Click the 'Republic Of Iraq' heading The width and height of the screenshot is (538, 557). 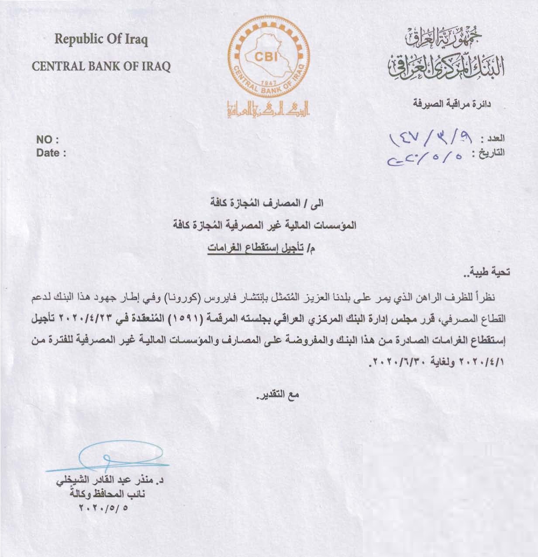(101, 40)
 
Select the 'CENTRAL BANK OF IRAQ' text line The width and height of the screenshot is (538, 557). (102, 67)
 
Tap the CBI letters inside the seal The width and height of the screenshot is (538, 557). (263, 56)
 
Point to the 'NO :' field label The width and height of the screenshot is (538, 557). (48, 141)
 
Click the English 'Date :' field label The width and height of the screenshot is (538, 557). (51, 153)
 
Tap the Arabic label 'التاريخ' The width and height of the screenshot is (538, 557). (490, 153)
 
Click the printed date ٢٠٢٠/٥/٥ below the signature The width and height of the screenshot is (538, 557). (105, 508)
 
